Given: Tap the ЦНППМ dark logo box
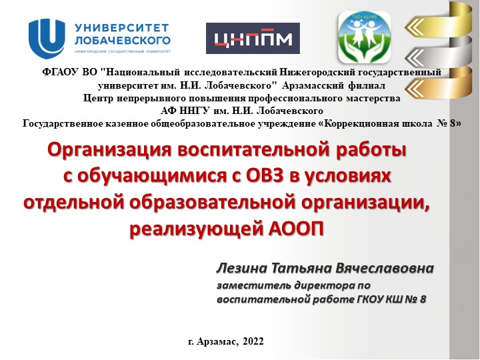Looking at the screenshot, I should (253, 39).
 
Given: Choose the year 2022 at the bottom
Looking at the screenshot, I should (253, 341).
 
